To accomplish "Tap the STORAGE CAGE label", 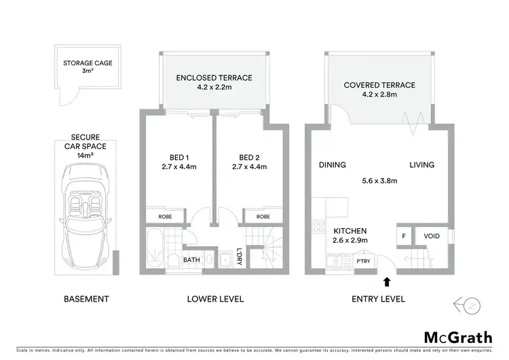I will (x=88, y=63).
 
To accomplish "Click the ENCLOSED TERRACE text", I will (x=214, y=78).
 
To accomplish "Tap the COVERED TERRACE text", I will (x=379, y=86).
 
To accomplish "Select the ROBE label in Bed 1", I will (x=165, y=217).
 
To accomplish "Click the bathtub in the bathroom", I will (x=155, y=250).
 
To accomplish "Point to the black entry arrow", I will (x=387, y=281).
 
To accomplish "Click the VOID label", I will (x=432, y=236).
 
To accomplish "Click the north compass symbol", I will (x=468, y=304).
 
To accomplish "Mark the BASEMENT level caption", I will (x=86, y=299).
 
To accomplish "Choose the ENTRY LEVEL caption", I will (x=379, y=299).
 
